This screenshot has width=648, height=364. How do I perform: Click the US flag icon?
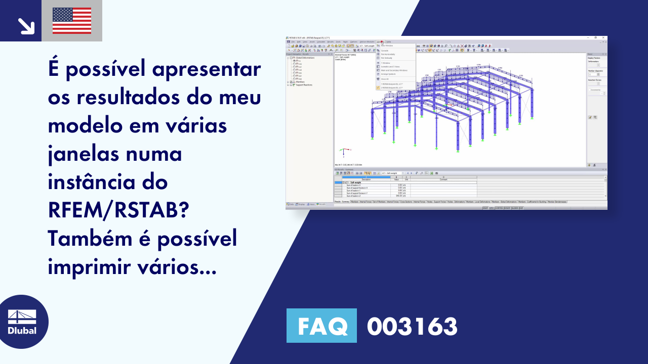click(x=72, y=21)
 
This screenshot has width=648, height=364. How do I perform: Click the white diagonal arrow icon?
click(x=25, y=26)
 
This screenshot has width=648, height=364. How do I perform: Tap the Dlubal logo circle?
click(x=22, y=322)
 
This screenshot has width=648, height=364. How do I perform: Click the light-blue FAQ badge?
click(x=321, y=326)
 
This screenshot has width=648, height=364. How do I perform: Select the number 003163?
click(x=412, y=327)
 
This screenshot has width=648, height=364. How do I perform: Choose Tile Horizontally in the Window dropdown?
click(x=388, y=54)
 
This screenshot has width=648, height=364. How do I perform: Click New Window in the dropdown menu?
click(x=386, y=45)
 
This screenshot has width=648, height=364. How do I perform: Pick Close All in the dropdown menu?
click(x=385, y=79)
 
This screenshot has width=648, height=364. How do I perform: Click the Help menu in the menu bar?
click(x=389, y=41)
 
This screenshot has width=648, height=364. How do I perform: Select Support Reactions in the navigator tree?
click(x=304, y=85)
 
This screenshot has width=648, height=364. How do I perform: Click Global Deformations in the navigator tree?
click(x=305, y=58)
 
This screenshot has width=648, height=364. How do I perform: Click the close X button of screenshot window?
click(x=603, y=37)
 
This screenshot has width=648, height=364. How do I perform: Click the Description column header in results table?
click(x=366, y=179)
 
